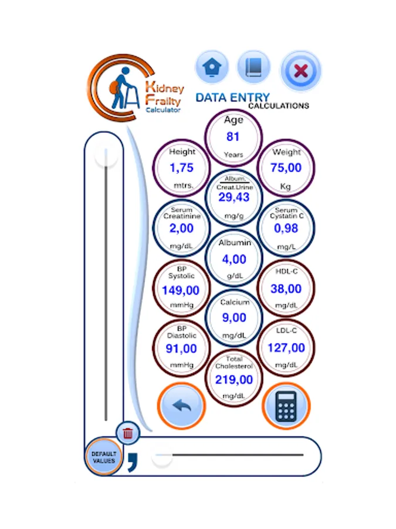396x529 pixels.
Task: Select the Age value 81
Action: (233, 136)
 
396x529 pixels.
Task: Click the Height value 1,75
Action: (181, 168)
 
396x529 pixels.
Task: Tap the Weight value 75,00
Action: (286, 168)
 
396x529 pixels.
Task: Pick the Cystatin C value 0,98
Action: (286, 229)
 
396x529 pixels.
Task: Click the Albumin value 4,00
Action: (233, 259)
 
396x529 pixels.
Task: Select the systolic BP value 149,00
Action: (181, 290)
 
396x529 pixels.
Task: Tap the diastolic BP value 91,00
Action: (181, 349)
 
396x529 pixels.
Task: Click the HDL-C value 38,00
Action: (286, 289)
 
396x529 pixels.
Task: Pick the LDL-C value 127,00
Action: (286, 348)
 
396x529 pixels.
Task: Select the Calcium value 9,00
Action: (233, 318)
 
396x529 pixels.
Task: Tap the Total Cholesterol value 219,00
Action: (233, 380)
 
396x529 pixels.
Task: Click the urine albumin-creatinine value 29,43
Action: (233, 197)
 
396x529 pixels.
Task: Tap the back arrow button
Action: (181, 406)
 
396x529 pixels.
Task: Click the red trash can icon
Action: (128, 434)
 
